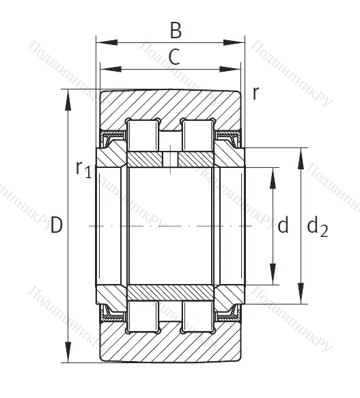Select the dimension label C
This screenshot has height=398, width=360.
tap(174, 57)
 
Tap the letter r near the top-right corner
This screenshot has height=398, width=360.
tap(255, 93)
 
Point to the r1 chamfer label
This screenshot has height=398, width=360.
tap(82, 168)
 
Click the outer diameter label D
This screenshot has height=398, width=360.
tap(57, 225)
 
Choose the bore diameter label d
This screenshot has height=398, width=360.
tap(283, 225)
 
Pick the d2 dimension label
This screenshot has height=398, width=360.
tap(316, 227)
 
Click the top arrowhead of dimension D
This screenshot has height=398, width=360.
tap(68, 96)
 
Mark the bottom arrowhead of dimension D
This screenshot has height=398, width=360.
tap(68, 356)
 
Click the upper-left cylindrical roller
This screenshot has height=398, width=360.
tap(143, 134)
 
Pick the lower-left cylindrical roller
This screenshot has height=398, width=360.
tap(143, 316)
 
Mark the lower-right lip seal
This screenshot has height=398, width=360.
tap(227, 311)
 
